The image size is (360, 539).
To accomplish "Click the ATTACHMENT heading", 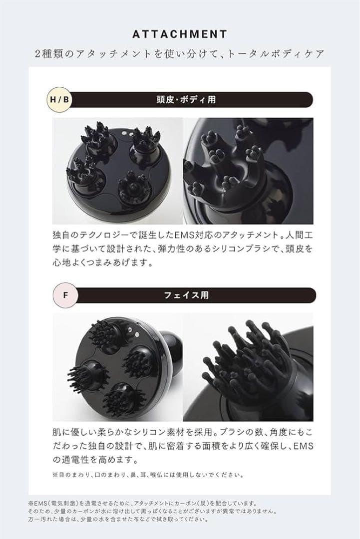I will [180, 34].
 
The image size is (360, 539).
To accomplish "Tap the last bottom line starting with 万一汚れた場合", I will [124, 519].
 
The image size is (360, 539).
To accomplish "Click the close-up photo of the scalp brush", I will [248, 171].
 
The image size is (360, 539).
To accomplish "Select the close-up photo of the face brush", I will [248, 367].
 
